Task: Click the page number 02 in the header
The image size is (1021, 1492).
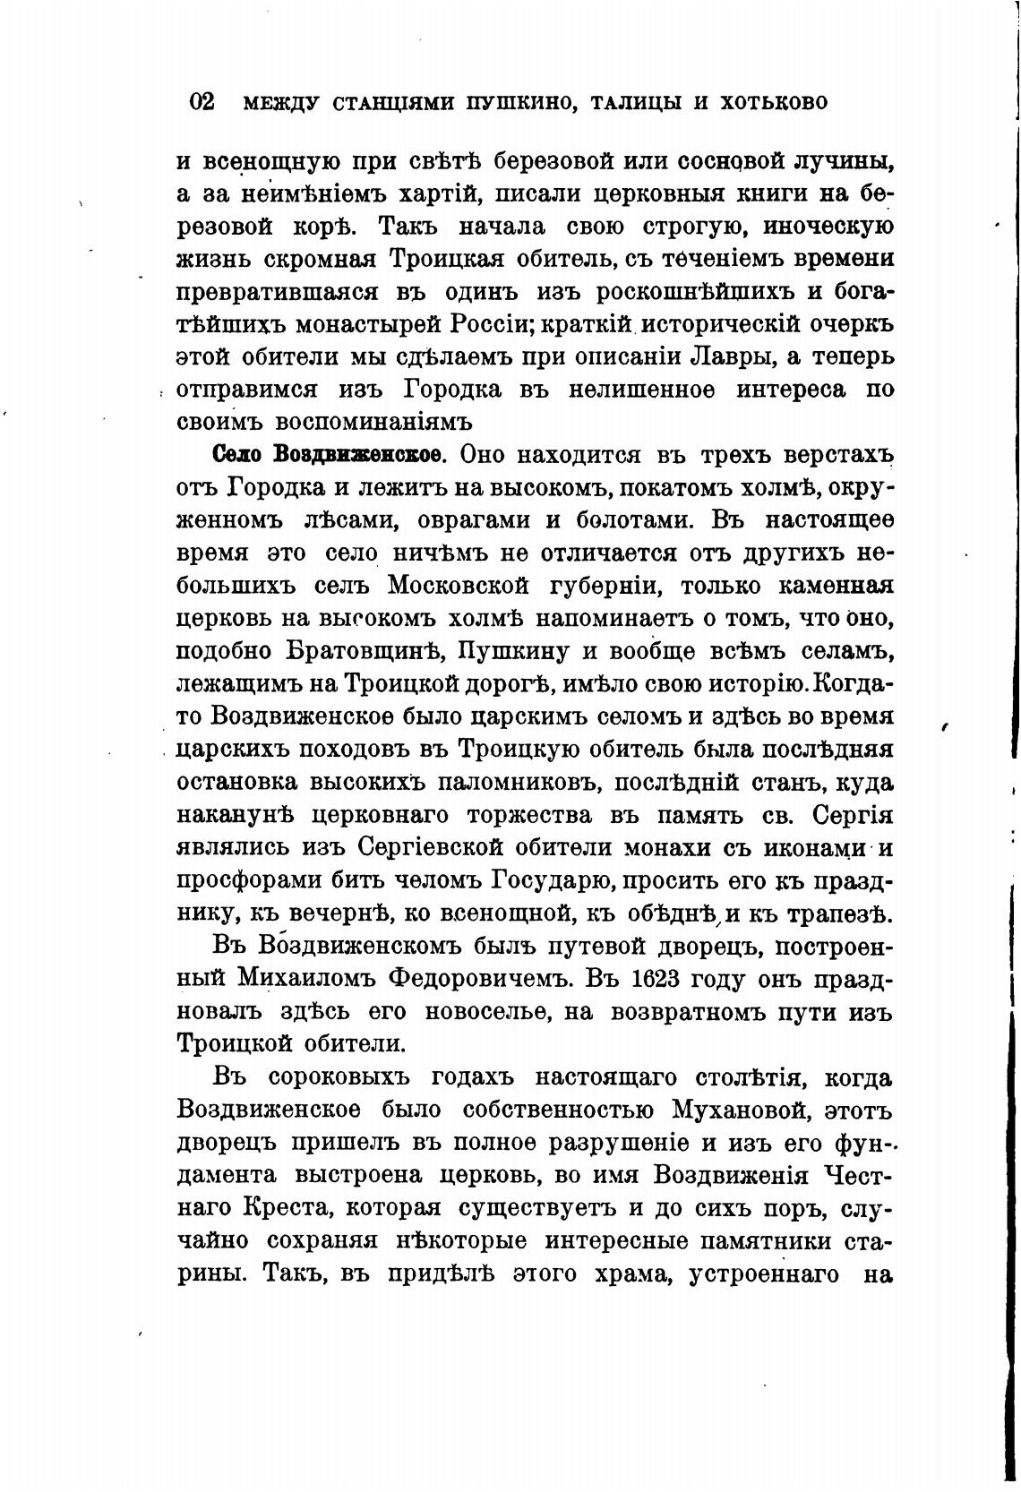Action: [202, 101]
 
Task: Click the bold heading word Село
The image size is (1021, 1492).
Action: [237, 454]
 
